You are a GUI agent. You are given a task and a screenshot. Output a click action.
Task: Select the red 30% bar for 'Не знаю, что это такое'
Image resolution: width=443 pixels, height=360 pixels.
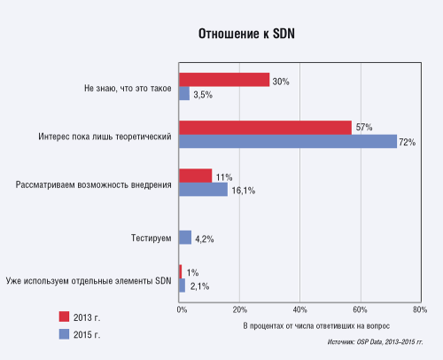[224, 80]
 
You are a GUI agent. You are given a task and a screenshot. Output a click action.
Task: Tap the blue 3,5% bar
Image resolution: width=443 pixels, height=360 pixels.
[184, 93]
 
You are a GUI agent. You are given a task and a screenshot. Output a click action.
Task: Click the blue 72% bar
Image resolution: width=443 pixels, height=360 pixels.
[288, 141]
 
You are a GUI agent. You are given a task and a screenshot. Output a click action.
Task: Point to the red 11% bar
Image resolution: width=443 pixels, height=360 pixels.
[196, 176]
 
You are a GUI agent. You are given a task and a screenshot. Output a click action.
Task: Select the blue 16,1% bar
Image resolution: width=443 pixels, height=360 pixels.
[203, 189]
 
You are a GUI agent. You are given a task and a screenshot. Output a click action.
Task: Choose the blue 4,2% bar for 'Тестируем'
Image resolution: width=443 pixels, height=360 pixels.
[185, 238]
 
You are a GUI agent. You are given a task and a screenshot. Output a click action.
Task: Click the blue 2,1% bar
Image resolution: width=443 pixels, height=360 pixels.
[183, 286]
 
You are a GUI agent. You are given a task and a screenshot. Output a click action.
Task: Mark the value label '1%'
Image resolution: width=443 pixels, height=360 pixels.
[192, 272]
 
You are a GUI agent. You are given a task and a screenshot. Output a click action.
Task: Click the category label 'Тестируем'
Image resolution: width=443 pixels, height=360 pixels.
[146, 238]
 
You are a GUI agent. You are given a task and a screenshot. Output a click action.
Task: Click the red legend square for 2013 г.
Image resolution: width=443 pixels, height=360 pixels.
[64, 317]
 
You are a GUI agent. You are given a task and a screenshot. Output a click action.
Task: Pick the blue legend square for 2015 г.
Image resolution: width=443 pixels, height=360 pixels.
[64, 334]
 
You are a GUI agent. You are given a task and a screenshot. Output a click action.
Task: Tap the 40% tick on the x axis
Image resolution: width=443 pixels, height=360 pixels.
[300, 309]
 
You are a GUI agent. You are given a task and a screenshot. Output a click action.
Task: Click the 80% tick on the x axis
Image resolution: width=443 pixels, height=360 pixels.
[419, 309]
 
